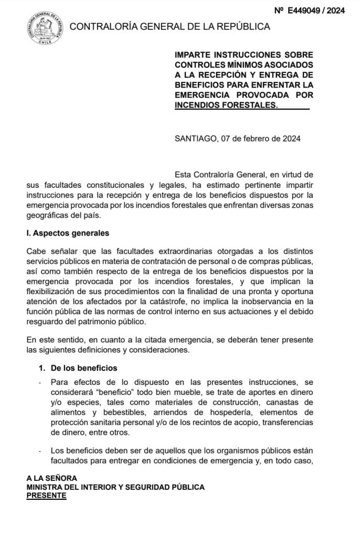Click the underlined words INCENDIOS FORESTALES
(x=225, y=105)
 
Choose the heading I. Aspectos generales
(x=68, y=233)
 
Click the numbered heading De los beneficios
(x=83, y=368)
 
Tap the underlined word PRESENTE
(x=47, y=495)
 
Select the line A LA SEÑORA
(x=52, y=478)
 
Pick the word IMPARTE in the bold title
(x=194, y=55)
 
